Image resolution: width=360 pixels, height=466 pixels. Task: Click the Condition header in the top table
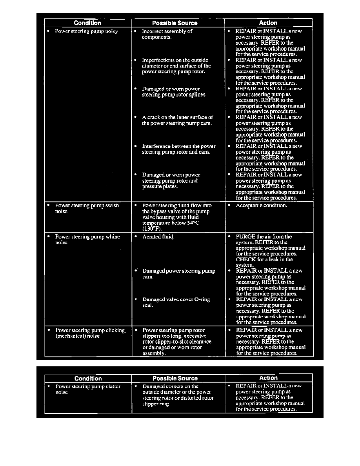(87, 23)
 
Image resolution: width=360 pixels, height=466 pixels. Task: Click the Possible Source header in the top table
(175, 23)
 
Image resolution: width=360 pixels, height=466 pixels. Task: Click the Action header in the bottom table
(268, 378)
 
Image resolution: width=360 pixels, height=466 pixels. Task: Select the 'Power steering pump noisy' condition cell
(86, 31)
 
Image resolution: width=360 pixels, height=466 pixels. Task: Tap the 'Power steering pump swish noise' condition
(87, 208)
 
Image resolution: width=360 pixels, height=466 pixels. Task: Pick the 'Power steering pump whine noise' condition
(87, 239)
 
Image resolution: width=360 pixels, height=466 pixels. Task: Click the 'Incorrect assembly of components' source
(167, 34)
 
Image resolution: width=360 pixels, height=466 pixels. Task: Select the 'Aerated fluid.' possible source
(158, 237)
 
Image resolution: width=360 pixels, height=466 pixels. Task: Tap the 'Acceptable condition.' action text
(261, 206)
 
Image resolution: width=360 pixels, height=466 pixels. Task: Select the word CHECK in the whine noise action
(245, 259)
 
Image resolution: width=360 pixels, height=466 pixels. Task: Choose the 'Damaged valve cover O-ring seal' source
(176, 302)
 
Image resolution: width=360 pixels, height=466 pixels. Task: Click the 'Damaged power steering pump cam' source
(178, 273)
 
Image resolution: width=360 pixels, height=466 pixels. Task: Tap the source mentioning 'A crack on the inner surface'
(177, 120)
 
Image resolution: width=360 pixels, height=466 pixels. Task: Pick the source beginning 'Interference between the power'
(178, 149)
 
